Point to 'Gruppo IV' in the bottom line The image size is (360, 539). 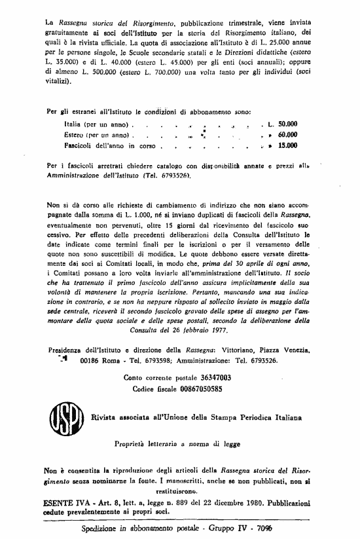coord(232,527)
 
